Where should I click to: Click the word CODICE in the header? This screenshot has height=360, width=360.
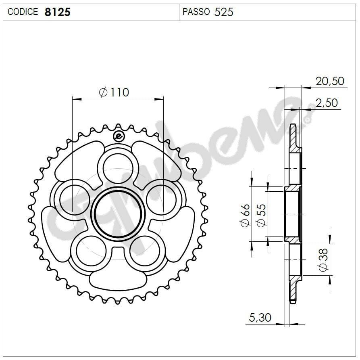[23, 12]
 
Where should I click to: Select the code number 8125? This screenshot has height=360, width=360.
[57, 12]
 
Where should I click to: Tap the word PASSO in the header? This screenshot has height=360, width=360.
[196, 12]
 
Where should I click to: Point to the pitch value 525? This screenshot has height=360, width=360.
[224, 12]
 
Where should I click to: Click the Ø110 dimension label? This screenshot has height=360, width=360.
[114, 92]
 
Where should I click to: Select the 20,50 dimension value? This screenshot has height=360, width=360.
[330, 81]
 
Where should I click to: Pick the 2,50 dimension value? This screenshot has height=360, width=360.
[327, 103]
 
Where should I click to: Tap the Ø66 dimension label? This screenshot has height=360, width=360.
[245, 216]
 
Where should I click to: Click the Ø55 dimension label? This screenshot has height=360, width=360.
[261, 216]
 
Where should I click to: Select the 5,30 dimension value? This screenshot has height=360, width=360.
[260, 318]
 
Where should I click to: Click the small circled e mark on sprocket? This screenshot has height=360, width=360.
[118, 136]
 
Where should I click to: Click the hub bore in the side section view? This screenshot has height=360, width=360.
[292, 214]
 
